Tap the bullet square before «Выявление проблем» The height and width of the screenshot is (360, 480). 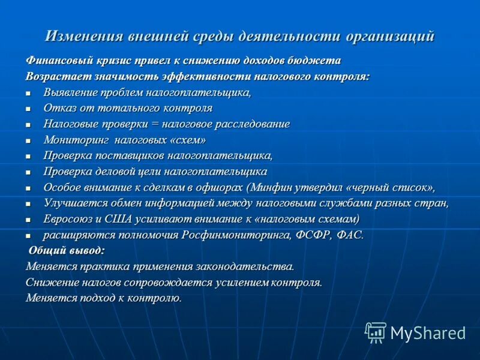point(28,94)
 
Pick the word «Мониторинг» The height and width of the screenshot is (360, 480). point(74,140)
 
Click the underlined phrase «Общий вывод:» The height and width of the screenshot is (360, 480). point(67,250)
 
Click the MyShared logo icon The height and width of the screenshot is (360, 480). point(376,332)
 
